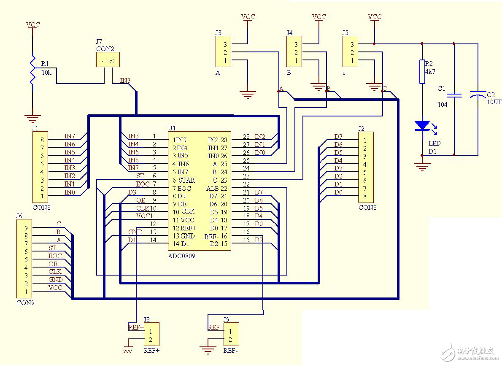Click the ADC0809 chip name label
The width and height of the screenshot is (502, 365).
pyautogui.click(x=181, y=256)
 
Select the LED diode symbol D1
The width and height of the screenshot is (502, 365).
pyautogui.click(x=422, y=126)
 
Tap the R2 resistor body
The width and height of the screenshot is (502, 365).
pyautogui.click(x=422, y=71)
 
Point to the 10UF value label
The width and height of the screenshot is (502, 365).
pyautogui.click(x=494, y=102)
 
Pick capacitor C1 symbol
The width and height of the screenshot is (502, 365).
pyautogui.click(x=454, y=95)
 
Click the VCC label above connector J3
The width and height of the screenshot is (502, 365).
pyautogui.click(x=248, y=17)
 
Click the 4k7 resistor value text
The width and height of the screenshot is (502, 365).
pyautogui.click(x=430, y=72)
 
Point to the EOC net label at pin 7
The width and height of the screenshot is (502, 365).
pyautogui.click(x=143, y=184)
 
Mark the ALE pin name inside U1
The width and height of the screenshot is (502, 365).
pyautogui.click(x=212, y=189)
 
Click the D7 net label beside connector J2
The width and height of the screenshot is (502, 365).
pyautogui.click(x=338, y=136)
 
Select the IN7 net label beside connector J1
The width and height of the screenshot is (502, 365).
pyautogui.click(x=70, y=136)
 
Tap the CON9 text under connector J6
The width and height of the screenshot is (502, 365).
pyautogui.click(x=25, y=303)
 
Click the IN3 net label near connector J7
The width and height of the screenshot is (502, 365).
pyautogui.click(x=125, y=80)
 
